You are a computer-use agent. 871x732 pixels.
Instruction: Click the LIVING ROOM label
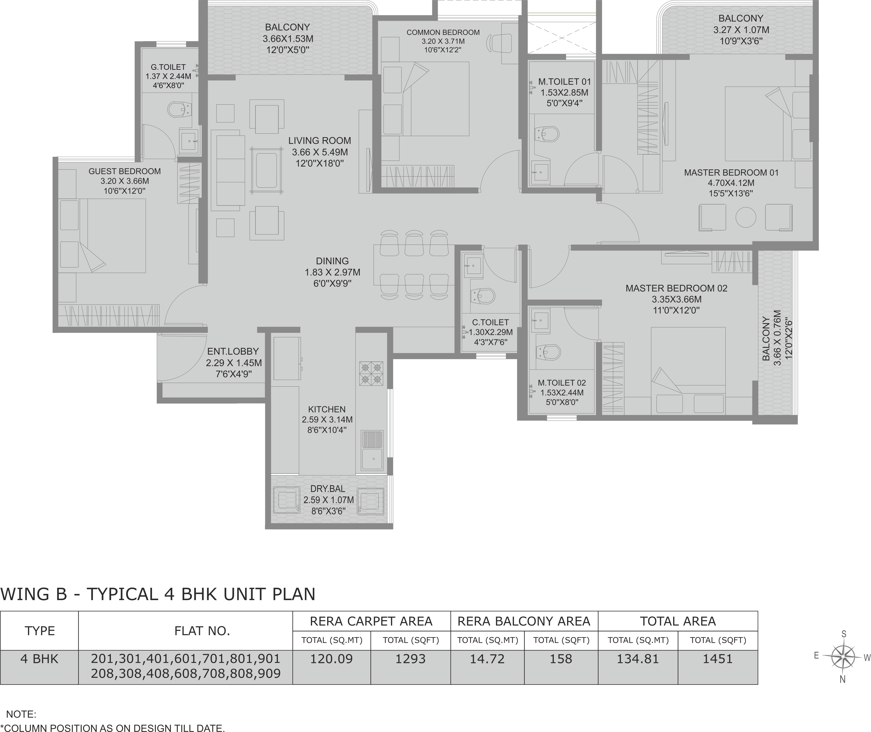pos(319,141)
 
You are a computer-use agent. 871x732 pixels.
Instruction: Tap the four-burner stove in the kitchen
pos(371,373)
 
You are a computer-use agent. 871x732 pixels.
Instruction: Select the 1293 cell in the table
pos(410,659)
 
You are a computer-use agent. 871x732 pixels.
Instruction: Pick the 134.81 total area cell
pos(638,659)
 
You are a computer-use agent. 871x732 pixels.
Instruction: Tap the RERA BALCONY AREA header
pos(524,621)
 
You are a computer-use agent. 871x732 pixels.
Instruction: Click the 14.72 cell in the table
pos(487,659)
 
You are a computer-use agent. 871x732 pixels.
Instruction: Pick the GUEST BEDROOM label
pos(124,171)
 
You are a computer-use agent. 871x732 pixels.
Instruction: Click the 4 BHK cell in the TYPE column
pos(39,659)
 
